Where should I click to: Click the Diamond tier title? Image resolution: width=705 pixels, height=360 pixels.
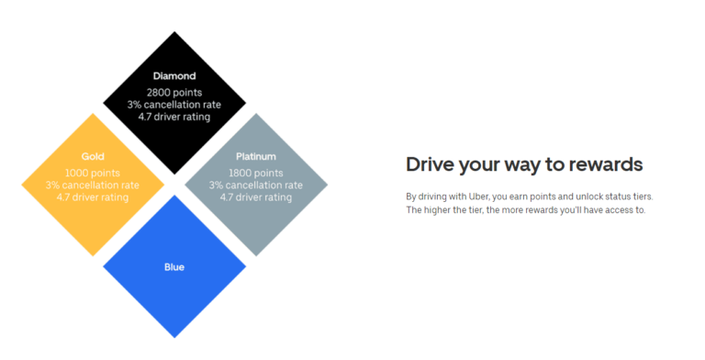(173, 77)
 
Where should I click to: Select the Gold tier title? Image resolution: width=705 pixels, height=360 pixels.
(93, 156)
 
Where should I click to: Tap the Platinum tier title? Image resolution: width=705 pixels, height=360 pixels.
(256, 156)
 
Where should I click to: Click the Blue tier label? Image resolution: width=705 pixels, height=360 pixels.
(173, 267)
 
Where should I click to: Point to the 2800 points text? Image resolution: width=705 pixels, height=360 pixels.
(173, 93)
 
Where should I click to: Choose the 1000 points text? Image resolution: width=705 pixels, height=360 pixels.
(93, 173)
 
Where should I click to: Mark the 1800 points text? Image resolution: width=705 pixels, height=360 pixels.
(256, 173)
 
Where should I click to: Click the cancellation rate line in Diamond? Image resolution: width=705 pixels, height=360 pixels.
(173, 105)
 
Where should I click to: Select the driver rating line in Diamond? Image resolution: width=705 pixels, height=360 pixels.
(173, 117)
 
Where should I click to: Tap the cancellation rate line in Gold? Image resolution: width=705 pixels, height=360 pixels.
(93, 185)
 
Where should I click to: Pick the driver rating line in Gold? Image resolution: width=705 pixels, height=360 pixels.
(93, 197)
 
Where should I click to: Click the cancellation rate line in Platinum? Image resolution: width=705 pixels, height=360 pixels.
(256, 185)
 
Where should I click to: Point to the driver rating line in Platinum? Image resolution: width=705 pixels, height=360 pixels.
(256, 197)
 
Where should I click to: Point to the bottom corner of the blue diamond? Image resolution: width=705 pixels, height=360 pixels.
(173, 336)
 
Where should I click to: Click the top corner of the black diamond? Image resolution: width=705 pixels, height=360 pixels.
(173, 32)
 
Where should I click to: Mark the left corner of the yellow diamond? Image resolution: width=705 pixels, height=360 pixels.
(22, 184)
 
